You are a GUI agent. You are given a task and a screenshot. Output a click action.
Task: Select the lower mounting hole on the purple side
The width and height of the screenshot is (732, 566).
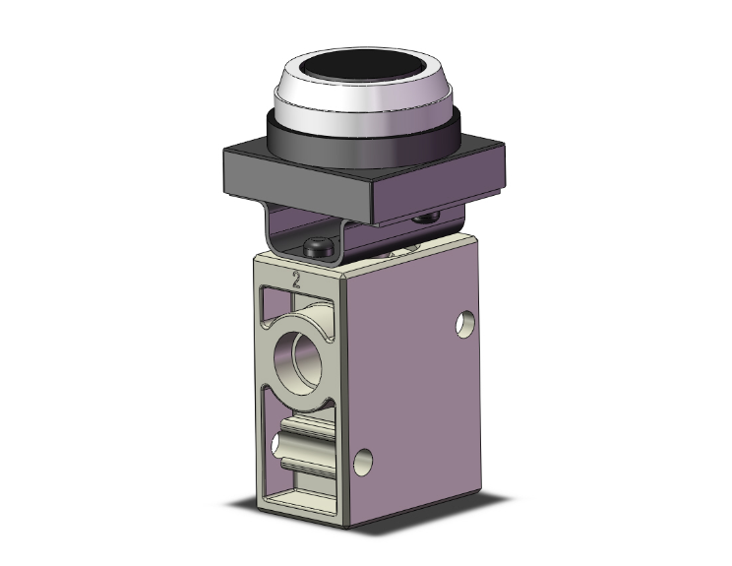click(366, 459)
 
